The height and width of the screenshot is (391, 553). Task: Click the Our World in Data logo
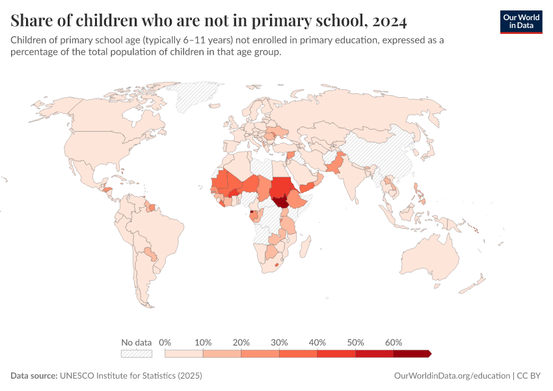[520, 22]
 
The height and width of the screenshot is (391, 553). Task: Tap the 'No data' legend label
[136, 342]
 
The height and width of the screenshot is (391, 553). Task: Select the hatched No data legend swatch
[136, 353]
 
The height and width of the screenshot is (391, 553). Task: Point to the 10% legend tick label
[204, 342]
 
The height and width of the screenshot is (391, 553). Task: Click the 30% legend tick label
[279, 342]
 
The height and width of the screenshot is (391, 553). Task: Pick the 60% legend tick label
[394, 342]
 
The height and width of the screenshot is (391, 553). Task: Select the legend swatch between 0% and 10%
[184, 353]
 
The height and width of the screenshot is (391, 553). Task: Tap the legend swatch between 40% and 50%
[336, 353]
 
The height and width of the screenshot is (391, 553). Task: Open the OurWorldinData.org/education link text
[452, 376]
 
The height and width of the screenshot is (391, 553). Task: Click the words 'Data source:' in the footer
[34, 376]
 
